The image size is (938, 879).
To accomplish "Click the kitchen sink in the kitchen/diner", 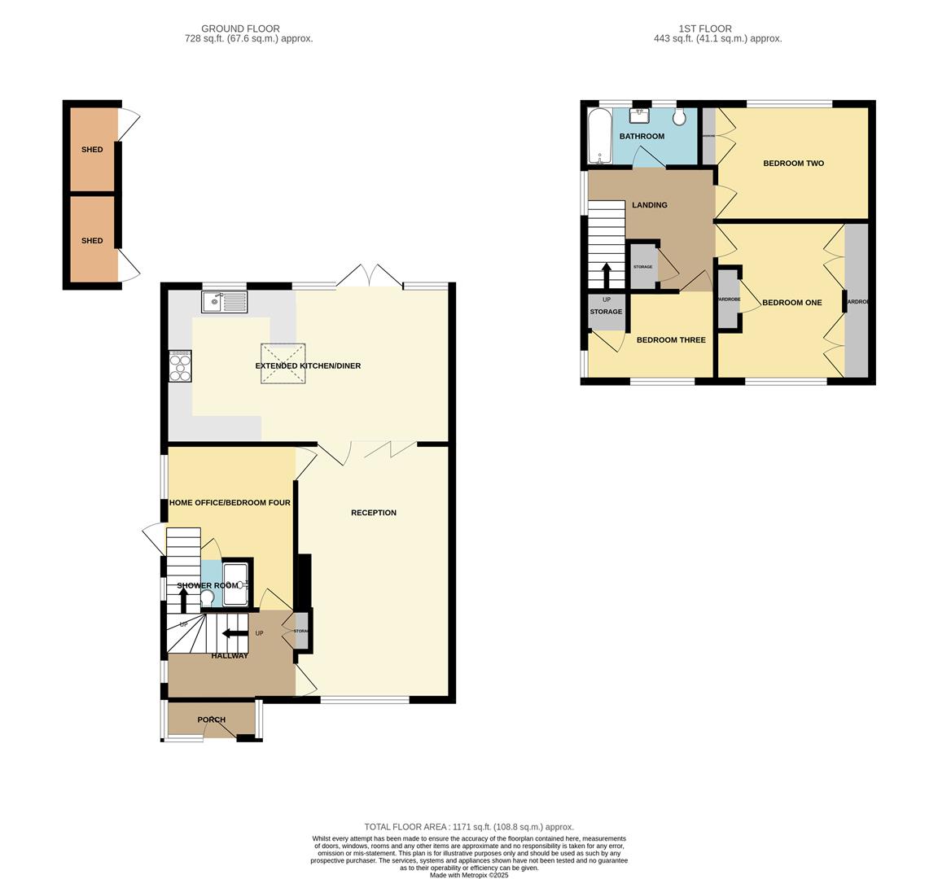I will (x=224, y=302).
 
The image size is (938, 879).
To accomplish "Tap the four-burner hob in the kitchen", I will (x=180, y=365).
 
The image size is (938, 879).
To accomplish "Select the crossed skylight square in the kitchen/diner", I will (x=283, y=363).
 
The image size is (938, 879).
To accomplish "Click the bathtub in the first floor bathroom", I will (x=598, y=136).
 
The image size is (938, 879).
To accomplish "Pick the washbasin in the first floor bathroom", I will (x=639, y=115).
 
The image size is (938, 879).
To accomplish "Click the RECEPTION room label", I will (x=374, y=513).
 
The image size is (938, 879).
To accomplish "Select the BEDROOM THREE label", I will (x=671, y=340).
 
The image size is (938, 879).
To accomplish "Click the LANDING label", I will (x=649, y=205).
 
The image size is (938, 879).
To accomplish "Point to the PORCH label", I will (x=212, y=719).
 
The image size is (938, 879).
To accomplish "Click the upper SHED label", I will (x=92, y=150).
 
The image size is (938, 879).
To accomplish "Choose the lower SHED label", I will (x=92, y=241).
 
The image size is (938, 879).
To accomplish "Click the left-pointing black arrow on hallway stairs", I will (x=235, y=633).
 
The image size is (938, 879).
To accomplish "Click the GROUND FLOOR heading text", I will (x=240, y=28).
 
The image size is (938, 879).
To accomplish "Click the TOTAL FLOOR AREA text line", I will (x=468, y=827).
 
